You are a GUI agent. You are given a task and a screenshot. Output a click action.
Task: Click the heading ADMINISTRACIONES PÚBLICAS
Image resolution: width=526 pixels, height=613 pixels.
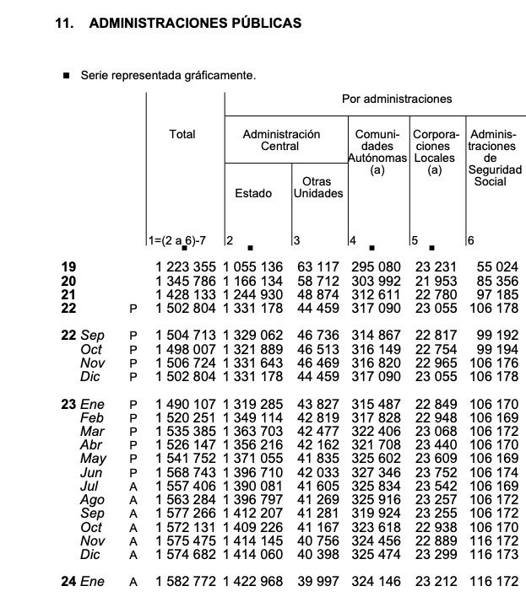(194, 24)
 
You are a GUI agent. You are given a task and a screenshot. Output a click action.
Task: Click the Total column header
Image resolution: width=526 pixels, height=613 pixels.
(182, 134)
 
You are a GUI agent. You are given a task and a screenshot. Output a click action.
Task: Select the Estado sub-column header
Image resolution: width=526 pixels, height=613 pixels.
(253, 193)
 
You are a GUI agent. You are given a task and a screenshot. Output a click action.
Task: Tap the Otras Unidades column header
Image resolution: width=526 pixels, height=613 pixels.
(317, 187)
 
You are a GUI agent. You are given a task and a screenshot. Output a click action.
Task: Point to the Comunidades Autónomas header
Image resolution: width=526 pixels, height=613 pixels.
(377, 152)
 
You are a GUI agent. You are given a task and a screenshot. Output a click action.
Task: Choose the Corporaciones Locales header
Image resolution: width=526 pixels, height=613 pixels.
(435, 152)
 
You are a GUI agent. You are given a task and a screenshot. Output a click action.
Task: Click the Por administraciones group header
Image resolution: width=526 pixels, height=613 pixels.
(396, 99)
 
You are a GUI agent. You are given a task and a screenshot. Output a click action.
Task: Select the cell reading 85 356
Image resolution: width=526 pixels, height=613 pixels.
(495, 282)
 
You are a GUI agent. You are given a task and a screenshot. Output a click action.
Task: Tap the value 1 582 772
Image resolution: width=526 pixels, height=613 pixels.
(186, 582)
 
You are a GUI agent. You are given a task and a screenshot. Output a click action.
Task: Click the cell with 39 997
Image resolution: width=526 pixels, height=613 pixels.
(319, 582)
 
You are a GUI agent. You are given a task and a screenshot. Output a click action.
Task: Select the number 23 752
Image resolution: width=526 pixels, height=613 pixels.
(435, 472)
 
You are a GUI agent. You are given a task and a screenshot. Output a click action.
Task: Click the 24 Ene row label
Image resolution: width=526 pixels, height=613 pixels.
(83, 582)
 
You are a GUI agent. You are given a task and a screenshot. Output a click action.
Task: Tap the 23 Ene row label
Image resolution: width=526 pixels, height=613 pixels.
(83, 405)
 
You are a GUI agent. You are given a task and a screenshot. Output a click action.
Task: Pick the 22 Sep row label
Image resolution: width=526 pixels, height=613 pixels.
(83, 336)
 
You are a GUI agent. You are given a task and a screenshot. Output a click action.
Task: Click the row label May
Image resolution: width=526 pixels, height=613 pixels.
(93, 459)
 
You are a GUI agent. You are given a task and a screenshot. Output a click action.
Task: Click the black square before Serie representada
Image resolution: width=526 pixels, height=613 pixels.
(67, 76)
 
